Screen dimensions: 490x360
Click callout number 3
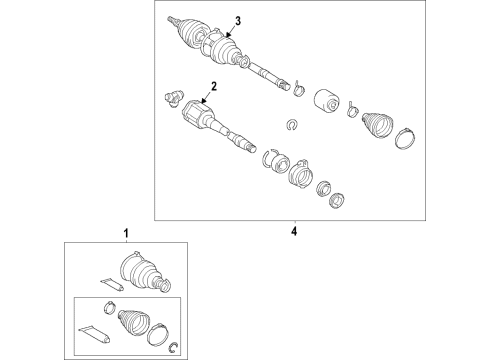tap(237, 21)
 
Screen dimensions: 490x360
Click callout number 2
tap(214, 86)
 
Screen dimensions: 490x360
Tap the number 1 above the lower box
tap(126, 233)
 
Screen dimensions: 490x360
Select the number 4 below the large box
tap(294, 231)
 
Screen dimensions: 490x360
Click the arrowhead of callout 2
tap(204, 101)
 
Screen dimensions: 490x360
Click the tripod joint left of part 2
tap(174, 99)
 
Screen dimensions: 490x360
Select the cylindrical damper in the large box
tap(327, 103)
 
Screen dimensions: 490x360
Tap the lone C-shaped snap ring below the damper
tap(292, 125)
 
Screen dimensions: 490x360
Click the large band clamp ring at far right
tap(405, 138)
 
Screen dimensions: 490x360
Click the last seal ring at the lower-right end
tap(337, 200)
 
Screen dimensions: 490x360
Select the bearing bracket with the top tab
tap(300, 172)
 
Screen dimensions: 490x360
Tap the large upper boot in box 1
tap(145, 273)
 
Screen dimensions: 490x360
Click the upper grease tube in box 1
tap(112, 284)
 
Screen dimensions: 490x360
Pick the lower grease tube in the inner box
tap(94, 334)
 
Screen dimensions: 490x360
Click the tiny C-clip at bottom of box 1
tap(173, 347)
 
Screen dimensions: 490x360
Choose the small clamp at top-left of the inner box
tap(110, 307)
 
